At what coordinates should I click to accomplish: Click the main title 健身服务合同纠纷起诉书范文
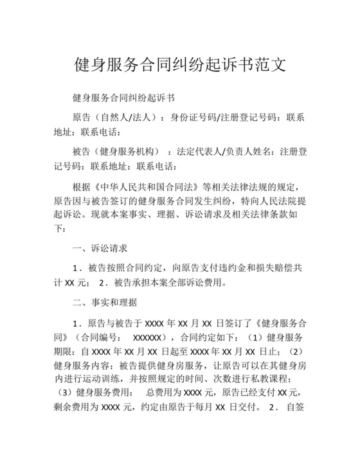coord(180,65)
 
